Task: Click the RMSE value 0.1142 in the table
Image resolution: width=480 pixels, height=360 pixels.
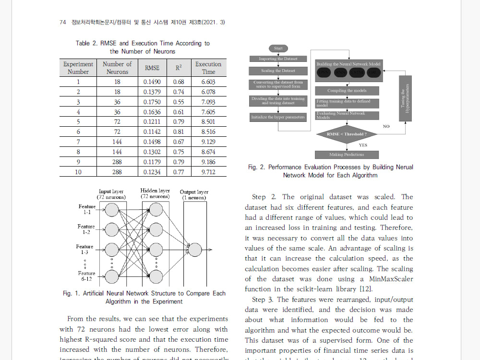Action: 152,132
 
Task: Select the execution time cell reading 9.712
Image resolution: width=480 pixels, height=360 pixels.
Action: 208,172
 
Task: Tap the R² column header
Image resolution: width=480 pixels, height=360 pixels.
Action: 179,68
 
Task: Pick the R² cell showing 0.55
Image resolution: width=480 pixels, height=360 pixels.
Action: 179,102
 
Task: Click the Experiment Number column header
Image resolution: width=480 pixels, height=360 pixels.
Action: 78,68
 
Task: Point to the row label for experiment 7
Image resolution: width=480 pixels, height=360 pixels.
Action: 78,142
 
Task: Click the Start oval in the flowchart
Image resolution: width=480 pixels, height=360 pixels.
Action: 278,48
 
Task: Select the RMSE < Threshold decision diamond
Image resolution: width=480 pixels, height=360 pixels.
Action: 347,134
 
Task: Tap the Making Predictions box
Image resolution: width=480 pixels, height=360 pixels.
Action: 347,155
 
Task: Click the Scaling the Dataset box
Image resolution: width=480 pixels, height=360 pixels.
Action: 278,71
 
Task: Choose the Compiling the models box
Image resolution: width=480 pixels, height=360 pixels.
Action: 347,90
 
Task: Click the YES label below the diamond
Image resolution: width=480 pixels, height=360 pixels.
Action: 363,144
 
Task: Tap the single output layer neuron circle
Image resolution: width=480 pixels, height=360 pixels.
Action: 195,250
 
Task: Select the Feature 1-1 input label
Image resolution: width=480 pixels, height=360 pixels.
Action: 87,209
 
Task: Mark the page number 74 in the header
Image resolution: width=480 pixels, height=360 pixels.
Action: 62,23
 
